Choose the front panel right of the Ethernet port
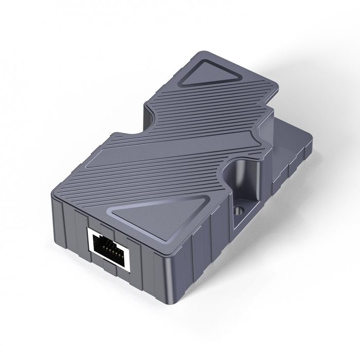click(x=144, y=267)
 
